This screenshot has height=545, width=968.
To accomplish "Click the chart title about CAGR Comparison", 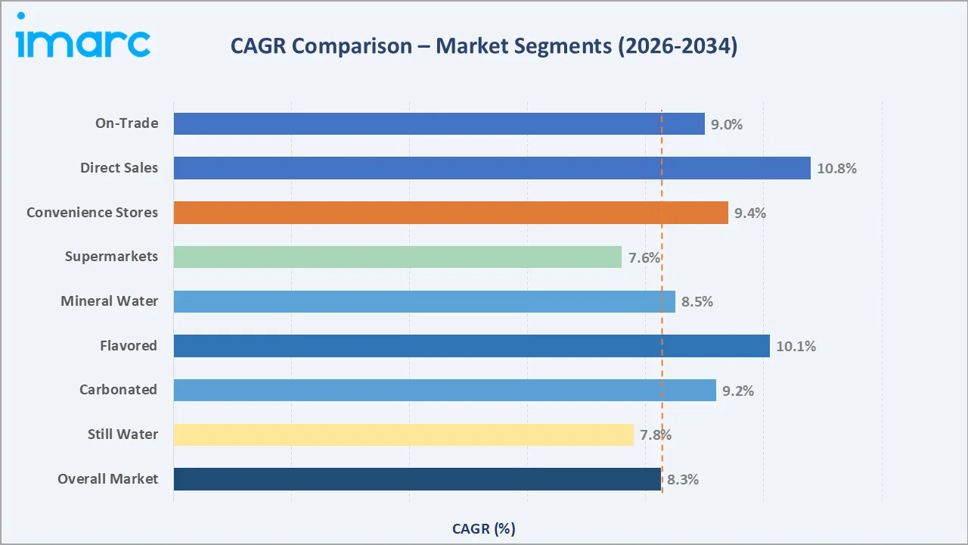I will pos(484,46).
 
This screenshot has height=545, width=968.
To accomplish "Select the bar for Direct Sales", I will pos(492,168).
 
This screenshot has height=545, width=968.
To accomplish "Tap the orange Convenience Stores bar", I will pos(451,213).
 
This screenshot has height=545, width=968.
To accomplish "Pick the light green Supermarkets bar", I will pos(397,257).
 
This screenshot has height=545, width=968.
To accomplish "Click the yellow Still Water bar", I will pos(403,434).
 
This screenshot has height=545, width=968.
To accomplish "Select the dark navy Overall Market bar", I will pos(417,479).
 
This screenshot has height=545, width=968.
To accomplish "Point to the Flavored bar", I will pos(471,346).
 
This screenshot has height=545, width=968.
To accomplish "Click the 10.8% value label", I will pos(836,169).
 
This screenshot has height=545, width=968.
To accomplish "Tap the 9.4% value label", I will pos(749,213).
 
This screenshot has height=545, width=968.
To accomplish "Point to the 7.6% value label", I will pos(644,257).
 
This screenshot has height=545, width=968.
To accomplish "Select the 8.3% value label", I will pos(682,479).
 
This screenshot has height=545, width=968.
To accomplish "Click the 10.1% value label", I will pos(796,347).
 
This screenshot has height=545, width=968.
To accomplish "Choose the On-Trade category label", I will pos(126,123).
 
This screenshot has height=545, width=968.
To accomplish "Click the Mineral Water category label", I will pos(110,301).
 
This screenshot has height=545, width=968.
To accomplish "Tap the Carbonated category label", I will pos(119,389).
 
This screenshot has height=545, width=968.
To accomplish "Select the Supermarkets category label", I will pos(111,256).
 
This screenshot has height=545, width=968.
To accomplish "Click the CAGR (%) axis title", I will pos(483,528).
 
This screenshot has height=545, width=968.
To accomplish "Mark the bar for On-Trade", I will pos(439,123).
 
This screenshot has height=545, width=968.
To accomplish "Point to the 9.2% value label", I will pos(738,391).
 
